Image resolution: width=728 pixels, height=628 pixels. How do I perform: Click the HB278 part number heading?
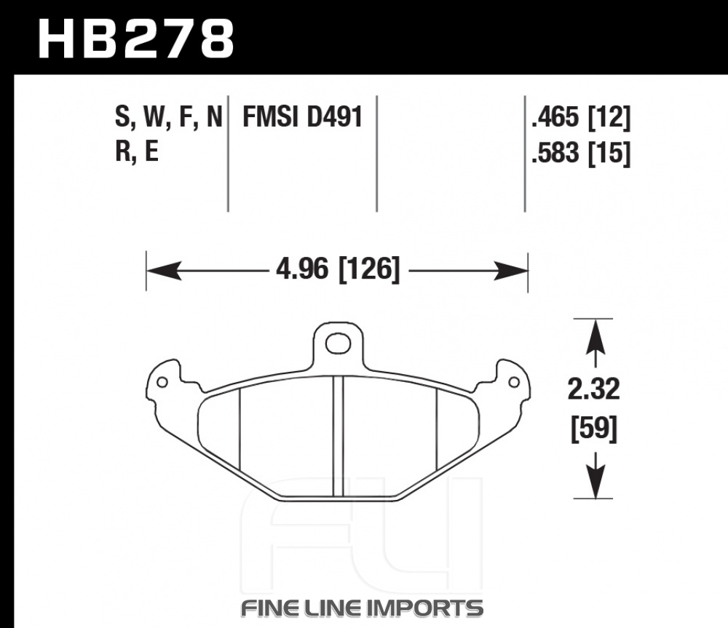[x=135, y=39]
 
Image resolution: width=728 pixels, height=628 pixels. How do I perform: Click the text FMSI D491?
[x=302, y=116]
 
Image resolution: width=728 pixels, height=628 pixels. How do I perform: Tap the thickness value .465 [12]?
[x=581, y=117]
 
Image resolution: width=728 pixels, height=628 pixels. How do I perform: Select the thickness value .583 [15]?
[x=581, y=153]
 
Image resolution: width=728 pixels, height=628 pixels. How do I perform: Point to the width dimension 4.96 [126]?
[x=338, y=269]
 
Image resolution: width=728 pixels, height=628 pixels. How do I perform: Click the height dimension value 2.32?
[x=594, y=389]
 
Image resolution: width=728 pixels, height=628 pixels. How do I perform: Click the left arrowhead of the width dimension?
[x=163, y=270]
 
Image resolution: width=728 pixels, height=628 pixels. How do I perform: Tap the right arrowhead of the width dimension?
[x=511, y=270]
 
